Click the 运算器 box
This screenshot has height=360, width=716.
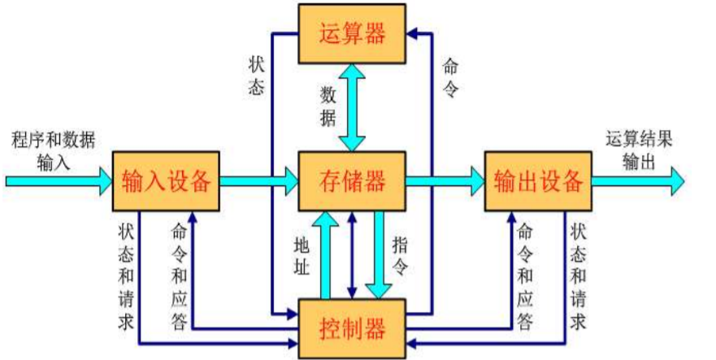[352, 34]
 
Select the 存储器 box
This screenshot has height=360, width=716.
[352, 180]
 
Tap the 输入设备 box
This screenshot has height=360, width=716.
[165, 180]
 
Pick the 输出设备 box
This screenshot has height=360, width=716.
[537, 180]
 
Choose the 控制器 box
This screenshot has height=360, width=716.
[352, 329]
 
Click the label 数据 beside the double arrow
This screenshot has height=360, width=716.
[327, 106]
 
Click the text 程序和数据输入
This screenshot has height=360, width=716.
[54, 150]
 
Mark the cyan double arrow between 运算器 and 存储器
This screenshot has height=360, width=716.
[353, 106]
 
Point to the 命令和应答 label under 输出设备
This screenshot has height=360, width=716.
[527, 276]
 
